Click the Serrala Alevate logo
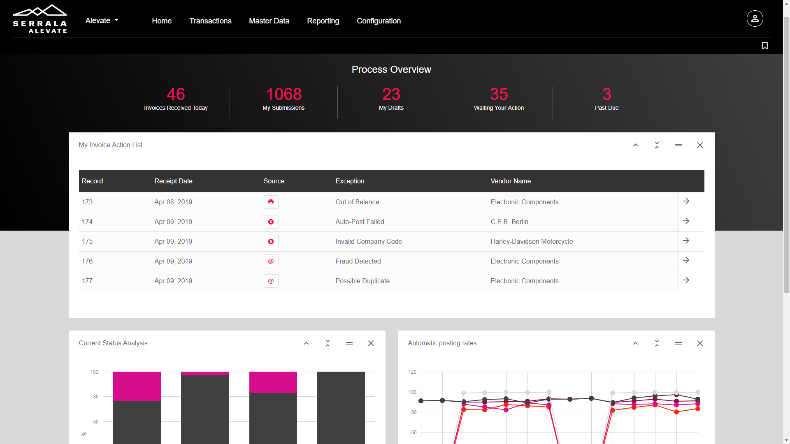[x=40, y=19]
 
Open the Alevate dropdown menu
[x=102, y=21]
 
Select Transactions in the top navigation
[x=210, y=21]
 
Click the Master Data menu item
[x=269, y=21]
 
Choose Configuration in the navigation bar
[x=379, y=21]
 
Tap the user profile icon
[x=755, y=18]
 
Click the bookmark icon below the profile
[x=764, y=46]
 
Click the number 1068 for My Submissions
[x=283, y=94]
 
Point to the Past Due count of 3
[x=606, y=94]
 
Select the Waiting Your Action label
[x=499, y=108]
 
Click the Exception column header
[x=350, y=181]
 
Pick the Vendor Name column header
[x=511, y=181]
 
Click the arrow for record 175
[x=686, y=241]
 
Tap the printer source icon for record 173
[x=271, y=202]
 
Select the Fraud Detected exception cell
[x=358, y=261]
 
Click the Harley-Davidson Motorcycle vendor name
[x=532, y=242]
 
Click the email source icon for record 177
[x=271, y=281]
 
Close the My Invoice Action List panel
[x=700, y=145]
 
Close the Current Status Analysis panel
[x=371, y=343]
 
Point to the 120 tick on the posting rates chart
[x=412, y=372]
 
